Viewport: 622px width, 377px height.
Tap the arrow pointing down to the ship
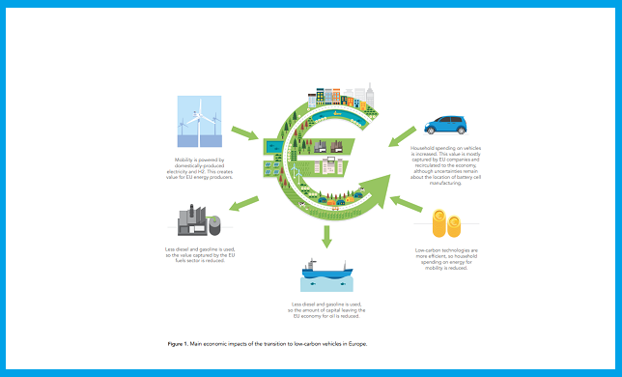326,235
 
